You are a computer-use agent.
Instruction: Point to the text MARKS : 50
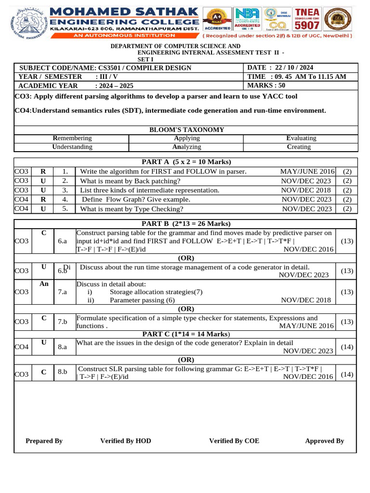pos(266,85)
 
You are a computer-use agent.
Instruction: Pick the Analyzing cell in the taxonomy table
pos(186,147)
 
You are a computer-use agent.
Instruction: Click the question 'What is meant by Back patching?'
pos(130,181)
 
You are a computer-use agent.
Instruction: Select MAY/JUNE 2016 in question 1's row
pos(307,171)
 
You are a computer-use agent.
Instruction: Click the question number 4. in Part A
pos(65,199)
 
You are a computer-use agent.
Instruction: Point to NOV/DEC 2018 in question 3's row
pos(306,190)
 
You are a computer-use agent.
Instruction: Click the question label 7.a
pos(62,292)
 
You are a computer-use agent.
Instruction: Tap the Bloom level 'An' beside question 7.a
pos(44,284)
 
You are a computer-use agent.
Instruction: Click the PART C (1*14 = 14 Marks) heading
pos(185,334)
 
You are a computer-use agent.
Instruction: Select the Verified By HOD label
pos(125,441)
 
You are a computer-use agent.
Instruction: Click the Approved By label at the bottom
pos(324,441)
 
